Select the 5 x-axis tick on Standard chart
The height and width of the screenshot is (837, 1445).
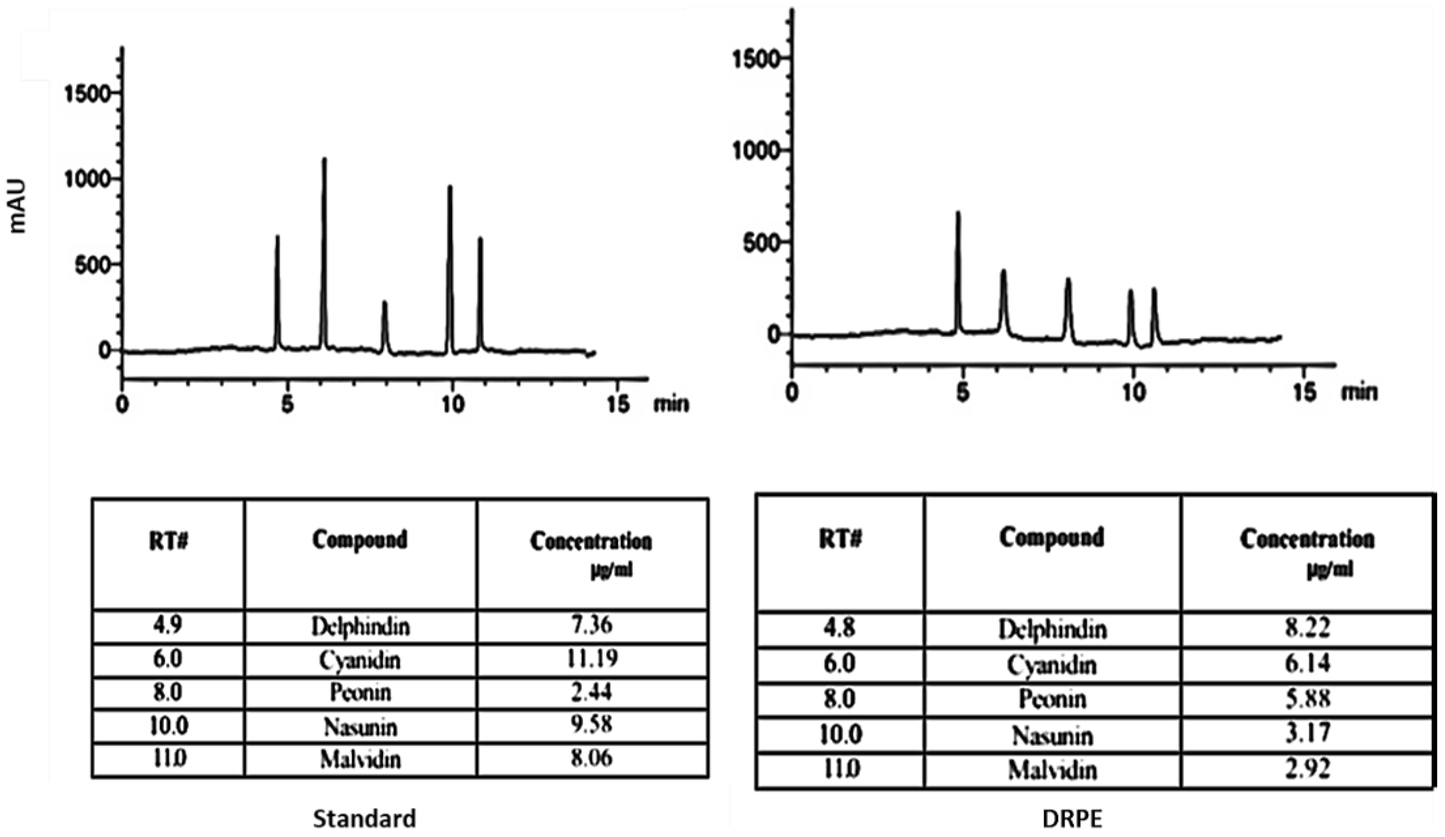(287, 405)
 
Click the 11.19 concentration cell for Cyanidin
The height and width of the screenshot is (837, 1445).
(592, 659)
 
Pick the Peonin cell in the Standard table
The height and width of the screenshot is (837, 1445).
(360, 692)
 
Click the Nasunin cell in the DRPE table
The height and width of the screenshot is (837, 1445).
(1052, 735)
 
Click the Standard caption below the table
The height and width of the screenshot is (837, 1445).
(364, 818)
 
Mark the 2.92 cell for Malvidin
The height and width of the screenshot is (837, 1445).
(1307, 769)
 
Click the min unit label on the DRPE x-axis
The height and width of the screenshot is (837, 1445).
(1359, 393)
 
